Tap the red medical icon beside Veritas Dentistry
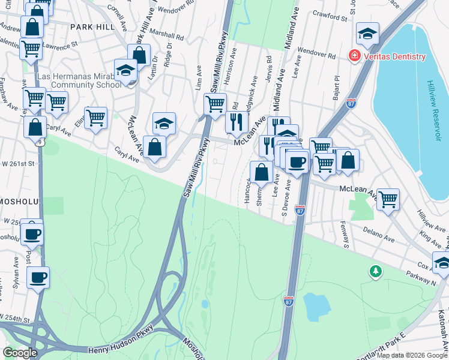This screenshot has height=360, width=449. [354, 56]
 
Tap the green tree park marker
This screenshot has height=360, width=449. [376, 272]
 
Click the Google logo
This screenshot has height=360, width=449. [20, 353]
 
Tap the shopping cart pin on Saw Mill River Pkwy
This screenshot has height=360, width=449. [215, 104]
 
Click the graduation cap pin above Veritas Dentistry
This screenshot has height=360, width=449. [367, 33]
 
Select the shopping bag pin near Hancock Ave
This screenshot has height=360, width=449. [261, 172]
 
